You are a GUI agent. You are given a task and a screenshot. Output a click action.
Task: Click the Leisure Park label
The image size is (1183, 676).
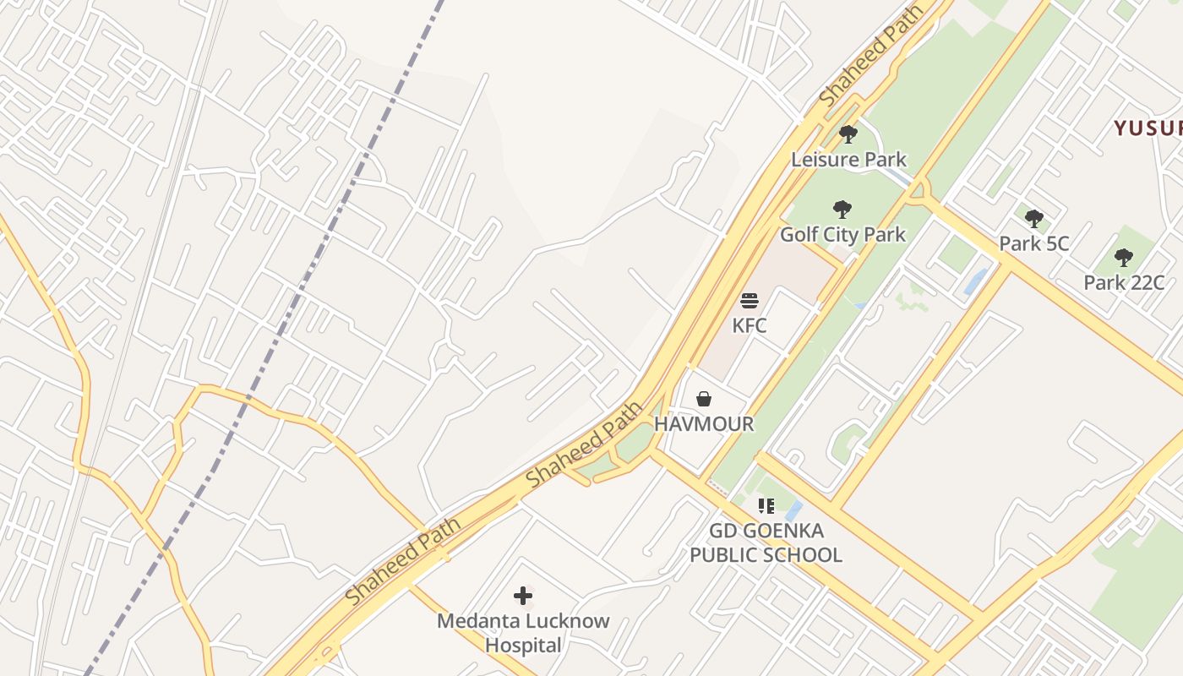[x=848, y=159]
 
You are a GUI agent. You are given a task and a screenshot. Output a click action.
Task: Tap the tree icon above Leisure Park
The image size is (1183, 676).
[x=848, y=134]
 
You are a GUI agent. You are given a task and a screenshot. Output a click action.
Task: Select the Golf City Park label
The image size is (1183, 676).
[x=842, y=234]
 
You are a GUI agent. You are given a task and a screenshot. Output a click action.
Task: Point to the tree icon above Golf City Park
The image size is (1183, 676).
[x=842, y=209]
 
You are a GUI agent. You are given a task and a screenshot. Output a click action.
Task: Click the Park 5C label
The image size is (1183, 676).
[x=1033, y=243]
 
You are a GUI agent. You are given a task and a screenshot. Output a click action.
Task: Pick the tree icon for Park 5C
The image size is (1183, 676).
[x=1033, y=219]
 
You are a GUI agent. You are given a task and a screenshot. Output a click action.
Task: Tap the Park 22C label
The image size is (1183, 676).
[x=1123, y=282]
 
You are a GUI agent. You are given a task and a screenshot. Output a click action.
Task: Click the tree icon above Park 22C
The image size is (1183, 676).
[x=1123, y=257]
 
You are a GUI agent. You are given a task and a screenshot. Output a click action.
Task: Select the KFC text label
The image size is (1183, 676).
[x=749, y=325]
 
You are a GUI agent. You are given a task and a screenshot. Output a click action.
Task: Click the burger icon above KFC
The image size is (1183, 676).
[x=749, y=300]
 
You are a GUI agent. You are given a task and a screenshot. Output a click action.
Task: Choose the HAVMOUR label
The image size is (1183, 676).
[x=703, y=423]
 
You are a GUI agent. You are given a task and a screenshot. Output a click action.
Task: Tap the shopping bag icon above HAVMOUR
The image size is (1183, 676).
[x=703, y=399]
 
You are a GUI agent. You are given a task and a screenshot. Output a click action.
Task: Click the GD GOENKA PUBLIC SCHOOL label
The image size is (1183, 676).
[x=766, y=542]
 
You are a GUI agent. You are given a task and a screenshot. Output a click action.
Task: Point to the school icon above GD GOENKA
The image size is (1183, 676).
[x=766, y=506]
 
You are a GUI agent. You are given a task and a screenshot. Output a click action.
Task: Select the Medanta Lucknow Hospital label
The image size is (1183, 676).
[x=523, y=633]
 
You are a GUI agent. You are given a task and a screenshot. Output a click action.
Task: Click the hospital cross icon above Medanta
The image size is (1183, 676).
[x=523, y=596]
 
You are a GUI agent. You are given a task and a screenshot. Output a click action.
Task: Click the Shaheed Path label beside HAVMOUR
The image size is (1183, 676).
[x=584, y=444]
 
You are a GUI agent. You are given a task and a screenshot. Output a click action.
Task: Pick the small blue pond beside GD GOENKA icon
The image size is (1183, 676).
[x=793, y=510]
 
